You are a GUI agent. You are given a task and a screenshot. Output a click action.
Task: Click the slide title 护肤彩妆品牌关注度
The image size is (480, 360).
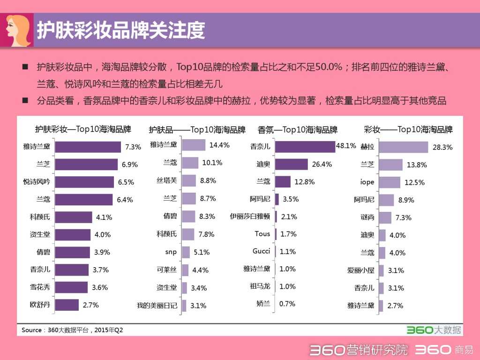[x=121, y=30]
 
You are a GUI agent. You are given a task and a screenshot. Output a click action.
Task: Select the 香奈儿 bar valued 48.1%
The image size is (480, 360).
[x=305, y=146]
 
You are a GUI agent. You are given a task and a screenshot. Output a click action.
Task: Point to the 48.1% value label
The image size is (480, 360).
[x=346, y=146]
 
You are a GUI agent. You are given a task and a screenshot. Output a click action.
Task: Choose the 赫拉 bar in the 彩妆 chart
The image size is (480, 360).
[x=403, y=147]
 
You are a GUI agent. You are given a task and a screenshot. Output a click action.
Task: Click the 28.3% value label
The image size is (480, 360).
[x=442, y=147]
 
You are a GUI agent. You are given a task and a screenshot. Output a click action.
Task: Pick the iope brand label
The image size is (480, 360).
[x=367, y=182]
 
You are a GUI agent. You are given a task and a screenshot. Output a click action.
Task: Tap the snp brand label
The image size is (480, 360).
[x=171, y=252]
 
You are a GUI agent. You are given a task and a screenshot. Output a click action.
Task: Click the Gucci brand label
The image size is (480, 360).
[x=261, y=251]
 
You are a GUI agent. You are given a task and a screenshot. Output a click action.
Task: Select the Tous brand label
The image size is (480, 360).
[x=262, y=233]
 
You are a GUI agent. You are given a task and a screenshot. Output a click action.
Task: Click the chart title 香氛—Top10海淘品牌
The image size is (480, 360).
[x=298, y=129]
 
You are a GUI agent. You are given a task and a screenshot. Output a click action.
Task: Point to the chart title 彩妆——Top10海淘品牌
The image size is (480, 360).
[x=408, y=129]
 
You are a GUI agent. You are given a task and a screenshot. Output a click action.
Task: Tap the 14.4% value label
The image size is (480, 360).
[x=219, y=145]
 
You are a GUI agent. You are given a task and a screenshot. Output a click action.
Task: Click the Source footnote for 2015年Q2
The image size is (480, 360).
[x=72, y=330]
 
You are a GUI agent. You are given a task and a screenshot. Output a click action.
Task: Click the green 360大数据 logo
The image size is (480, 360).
[x=433, y=330]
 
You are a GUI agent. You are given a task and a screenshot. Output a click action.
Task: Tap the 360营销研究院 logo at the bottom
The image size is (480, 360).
[x=359, y=350]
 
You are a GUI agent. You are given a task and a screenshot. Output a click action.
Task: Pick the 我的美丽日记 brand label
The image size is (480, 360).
[x=157, y=306]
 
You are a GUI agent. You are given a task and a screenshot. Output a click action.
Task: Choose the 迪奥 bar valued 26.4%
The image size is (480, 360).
[x=291, y=164]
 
